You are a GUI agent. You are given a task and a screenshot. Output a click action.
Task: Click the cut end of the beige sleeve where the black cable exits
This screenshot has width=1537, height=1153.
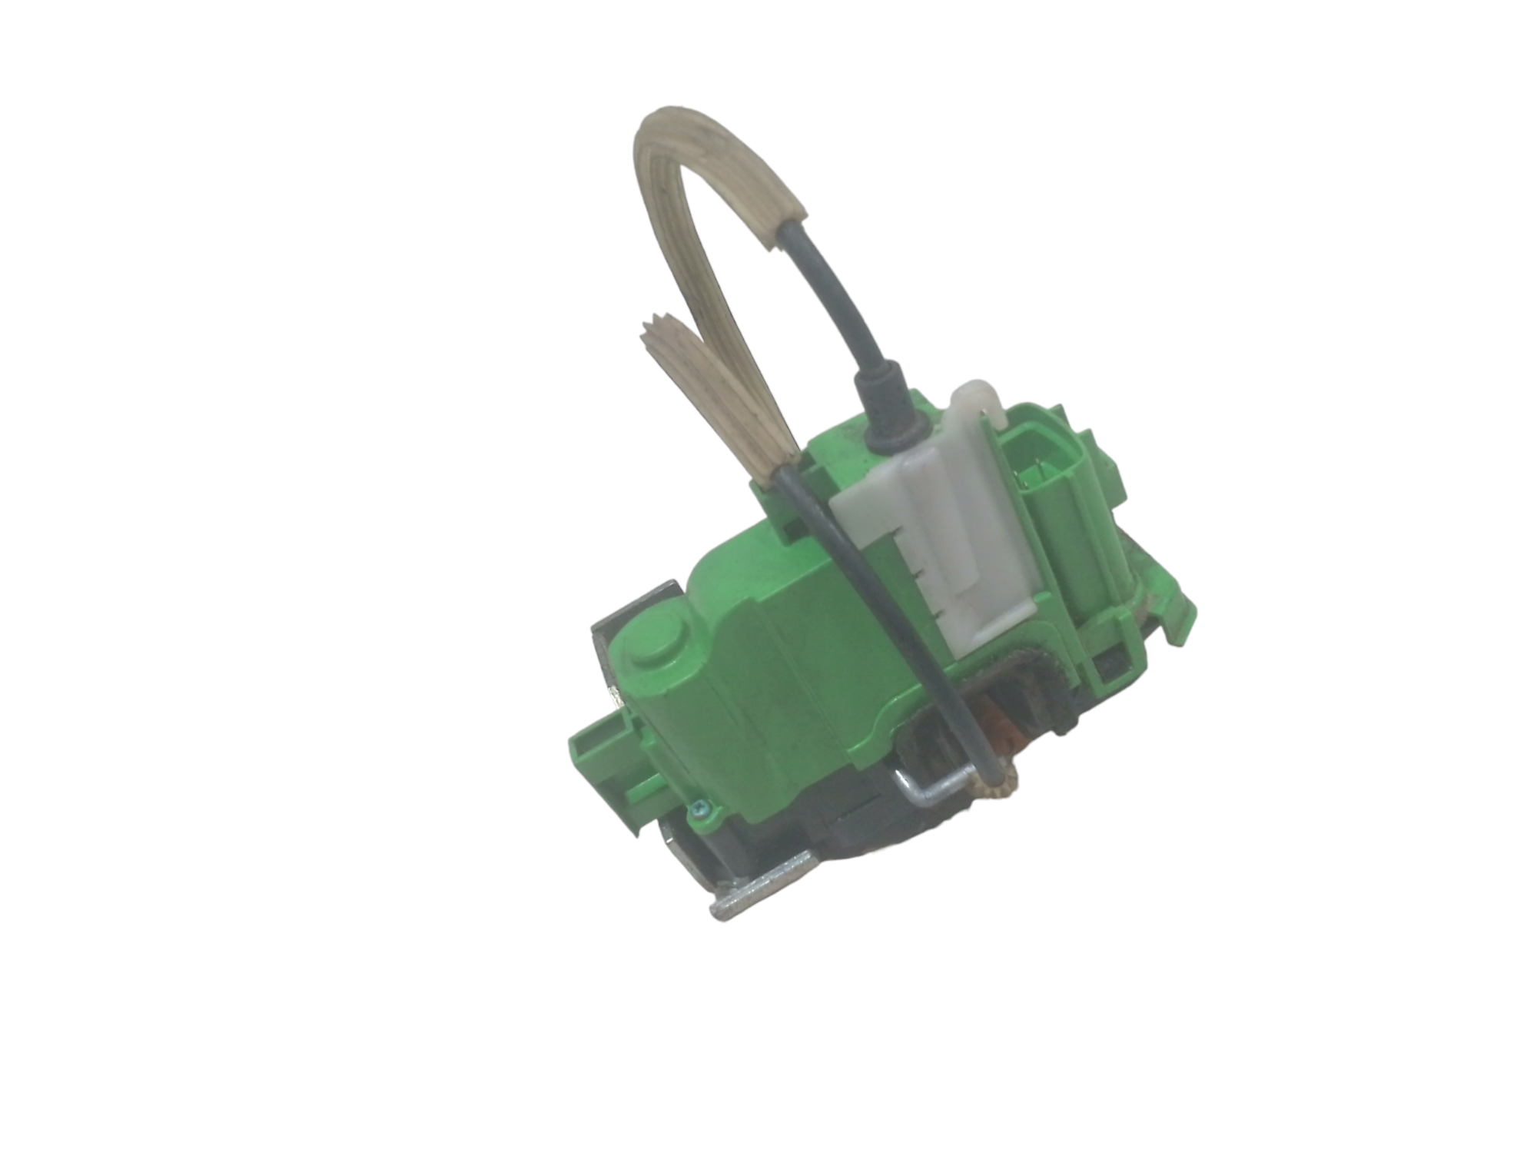pyautogui.click(x=784, y=228)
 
